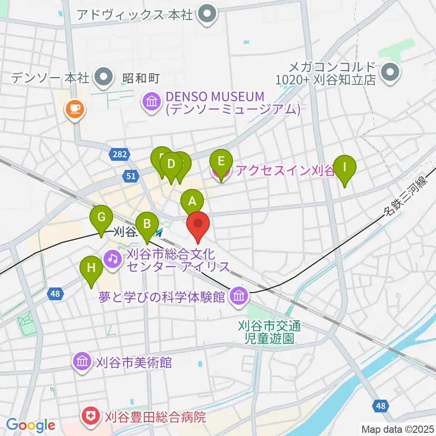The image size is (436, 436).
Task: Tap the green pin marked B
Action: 147,223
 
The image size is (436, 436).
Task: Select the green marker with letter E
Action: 221,161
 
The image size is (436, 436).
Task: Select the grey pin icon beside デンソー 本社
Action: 104,77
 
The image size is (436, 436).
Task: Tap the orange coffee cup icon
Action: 75,109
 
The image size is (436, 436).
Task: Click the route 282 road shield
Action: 119,155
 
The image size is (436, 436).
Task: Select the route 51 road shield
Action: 131,176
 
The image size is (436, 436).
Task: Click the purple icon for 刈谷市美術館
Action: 82,362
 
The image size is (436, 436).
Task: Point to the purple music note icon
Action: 112,259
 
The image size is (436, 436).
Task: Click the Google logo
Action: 30,426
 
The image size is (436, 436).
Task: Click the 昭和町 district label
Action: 141,79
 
